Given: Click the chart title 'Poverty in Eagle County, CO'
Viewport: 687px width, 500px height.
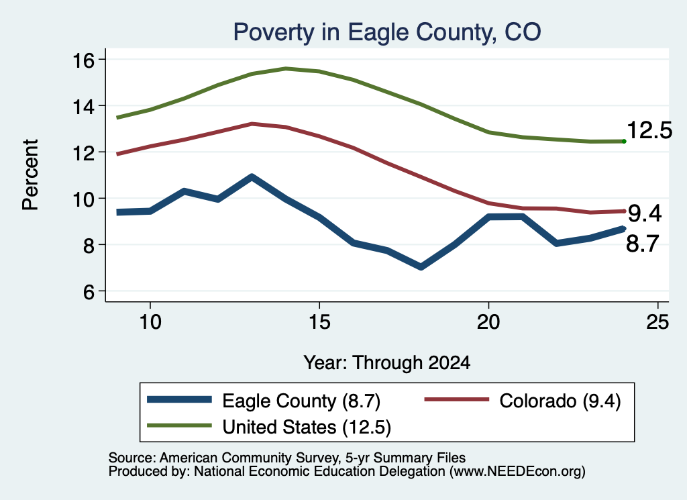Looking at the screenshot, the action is [x=387, y=32].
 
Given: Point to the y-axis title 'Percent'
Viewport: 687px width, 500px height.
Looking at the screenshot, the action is [x=30, y=175].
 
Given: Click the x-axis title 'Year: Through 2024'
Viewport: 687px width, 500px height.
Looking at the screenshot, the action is [x=387, y=363].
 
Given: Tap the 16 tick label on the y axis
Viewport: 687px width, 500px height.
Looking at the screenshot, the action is [x=83, y=60].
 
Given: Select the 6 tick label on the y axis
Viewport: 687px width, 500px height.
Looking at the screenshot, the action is [x=89, y=291].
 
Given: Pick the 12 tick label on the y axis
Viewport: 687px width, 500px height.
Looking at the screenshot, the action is [x=83, y=152].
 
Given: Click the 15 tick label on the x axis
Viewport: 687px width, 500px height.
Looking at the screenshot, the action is [x=319, y=322].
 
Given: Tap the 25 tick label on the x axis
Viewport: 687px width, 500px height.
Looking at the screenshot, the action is [x=657, y=322].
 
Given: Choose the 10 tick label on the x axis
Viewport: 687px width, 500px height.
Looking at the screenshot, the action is [x=150, y=322].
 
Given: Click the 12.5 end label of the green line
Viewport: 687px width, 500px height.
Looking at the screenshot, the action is [x=649, y=131].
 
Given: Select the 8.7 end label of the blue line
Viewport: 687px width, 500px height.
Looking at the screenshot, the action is [x=643, y=244].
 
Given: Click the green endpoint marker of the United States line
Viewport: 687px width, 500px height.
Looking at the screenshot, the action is [x=624, y=141].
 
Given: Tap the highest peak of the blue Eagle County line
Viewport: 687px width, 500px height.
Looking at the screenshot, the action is [x=252, y=177].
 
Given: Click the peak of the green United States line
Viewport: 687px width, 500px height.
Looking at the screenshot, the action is [x=286, y=69].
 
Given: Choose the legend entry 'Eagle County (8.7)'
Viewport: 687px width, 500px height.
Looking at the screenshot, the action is [x=264, y=401].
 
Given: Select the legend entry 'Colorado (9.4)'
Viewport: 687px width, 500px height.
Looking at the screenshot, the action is [x=523, y=401].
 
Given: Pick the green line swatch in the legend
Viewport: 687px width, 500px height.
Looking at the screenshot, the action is [x=179, y=426].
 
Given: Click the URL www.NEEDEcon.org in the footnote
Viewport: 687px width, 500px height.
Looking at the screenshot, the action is [x=517, y=472].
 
